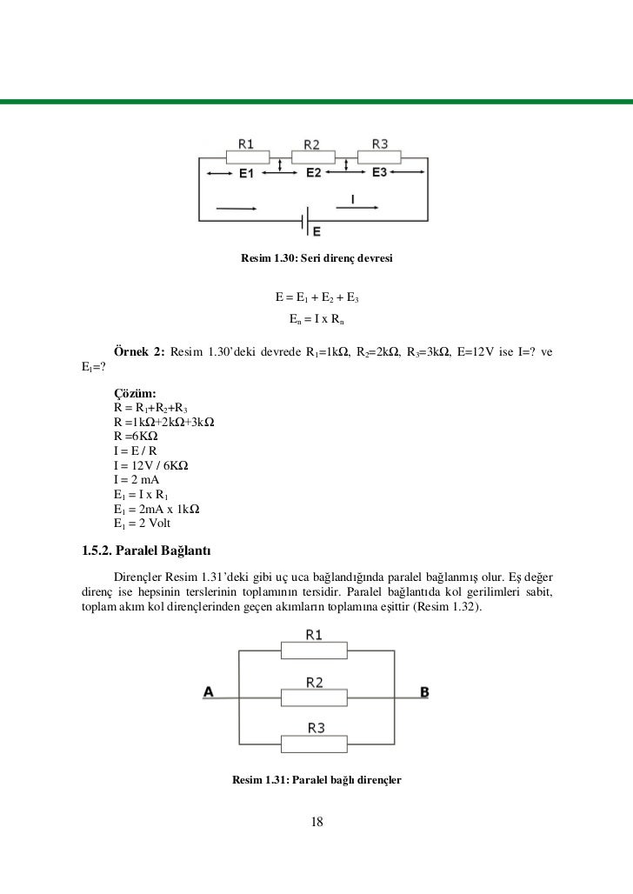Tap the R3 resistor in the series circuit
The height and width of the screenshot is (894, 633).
pos(380,157)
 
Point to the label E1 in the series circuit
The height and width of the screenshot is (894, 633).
pos(246,174)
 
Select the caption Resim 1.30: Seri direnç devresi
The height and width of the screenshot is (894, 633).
pos(317,259)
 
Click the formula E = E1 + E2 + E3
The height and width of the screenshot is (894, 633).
pos(317,300)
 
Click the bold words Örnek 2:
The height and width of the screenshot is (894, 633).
pos(139,352)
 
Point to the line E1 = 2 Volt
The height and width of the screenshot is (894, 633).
pos(143,523)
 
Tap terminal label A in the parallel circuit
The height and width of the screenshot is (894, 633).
pos(209,692)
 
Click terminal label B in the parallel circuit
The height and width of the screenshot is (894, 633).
pos(424,692)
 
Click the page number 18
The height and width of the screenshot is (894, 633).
pos(316,822)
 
